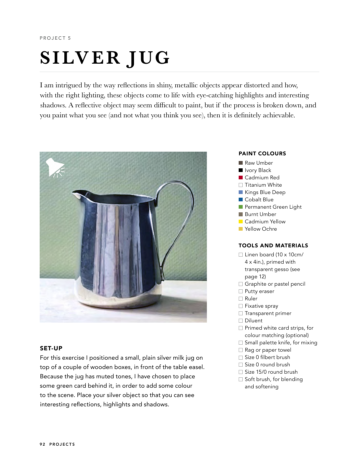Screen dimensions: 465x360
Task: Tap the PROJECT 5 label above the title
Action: (x=55, y=38)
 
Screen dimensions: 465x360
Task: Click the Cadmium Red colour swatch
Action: (x=241, y=178)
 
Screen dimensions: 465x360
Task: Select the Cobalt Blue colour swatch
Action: (x=241, y=200)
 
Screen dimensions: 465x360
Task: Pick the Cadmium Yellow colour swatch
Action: (x=241, y=222)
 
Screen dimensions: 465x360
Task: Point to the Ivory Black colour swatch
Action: (x=241, y=170)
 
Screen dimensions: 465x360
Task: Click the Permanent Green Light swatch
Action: (x=241, y=207)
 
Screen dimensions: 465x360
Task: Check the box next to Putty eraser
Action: (x=241, y=291)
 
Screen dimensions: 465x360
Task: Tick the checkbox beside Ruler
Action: (x=241, y=299)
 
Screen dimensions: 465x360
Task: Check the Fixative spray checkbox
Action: (x=241, y=306)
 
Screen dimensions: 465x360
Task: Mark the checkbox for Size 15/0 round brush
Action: (x=241, y=372)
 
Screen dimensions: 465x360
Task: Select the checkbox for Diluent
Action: (x=241, y=321)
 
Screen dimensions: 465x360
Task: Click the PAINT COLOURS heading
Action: (x=262, y=154)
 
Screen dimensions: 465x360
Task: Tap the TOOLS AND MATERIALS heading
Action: (x=273, y=246)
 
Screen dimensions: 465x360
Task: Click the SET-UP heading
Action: (x=51, y=348)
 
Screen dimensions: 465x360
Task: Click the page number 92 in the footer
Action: (x=42, y=444)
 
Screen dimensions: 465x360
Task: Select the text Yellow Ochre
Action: (x=261, y=229)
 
